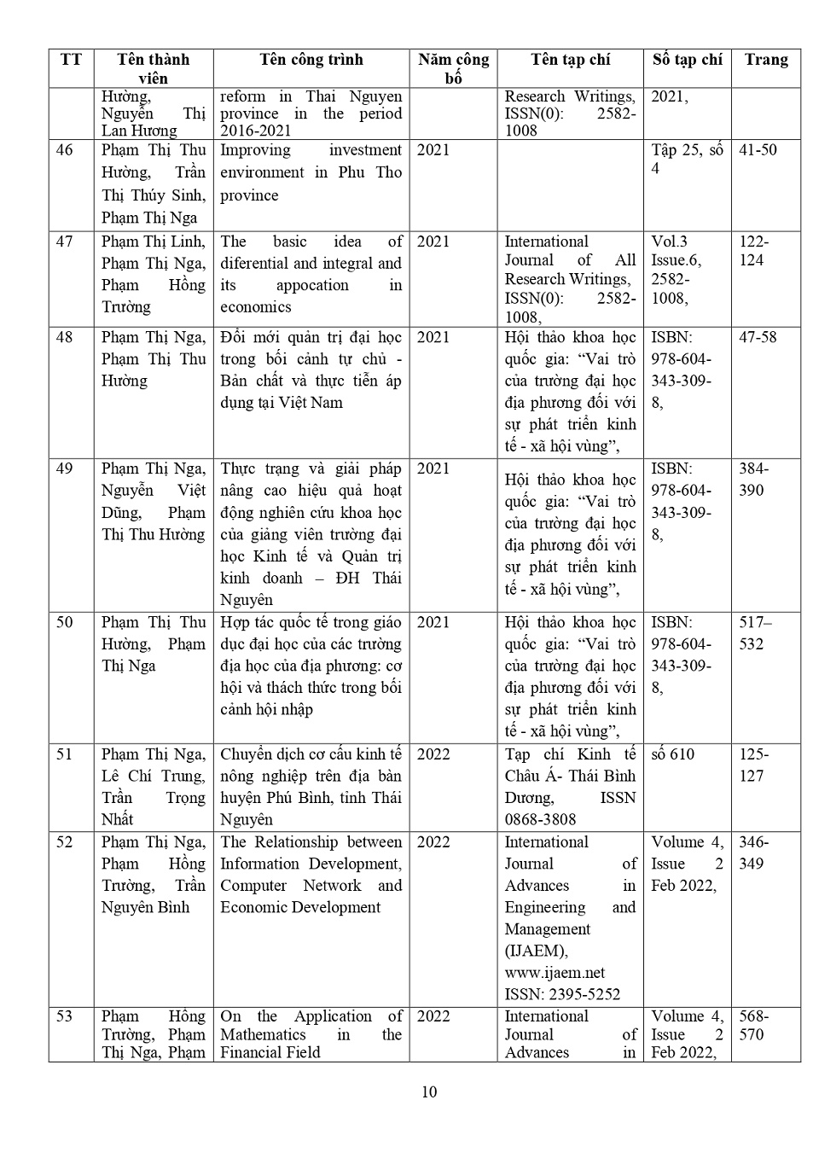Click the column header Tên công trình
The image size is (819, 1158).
311,60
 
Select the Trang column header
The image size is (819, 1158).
765,60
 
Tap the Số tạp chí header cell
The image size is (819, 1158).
687,60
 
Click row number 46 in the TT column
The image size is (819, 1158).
65,150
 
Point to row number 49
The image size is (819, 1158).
65,468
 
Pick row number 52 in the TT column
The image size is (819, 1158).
65,842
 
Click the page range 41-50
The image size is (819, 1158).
758,150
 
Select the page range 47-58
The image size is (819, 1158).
758,337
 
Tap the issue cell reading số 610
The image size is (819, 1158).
672,754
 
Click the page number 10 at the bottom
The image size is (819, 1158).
429,1092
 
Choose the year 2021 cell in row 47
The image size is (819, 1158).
433,242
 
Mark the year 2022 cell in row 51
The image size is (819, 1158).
433,754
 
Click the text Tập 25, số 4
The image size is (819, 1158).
686,160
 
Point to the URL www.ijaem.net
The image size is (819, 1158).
555,973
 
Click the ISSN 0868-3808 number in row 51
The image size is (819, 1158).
540,819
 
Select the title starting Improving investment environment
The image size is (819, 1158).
311,172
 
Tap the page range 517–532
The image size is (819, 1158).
754,633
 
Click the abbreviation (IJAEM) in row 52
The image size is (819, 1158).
536,951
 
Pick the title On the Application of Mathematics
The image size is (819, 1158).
311,1034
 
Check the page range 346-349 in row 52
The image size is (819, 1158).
752,852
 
